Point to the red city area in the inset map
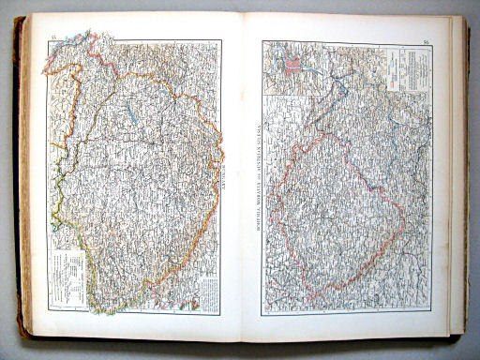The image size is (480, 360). pyautogui.click(x=292, y=67)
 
